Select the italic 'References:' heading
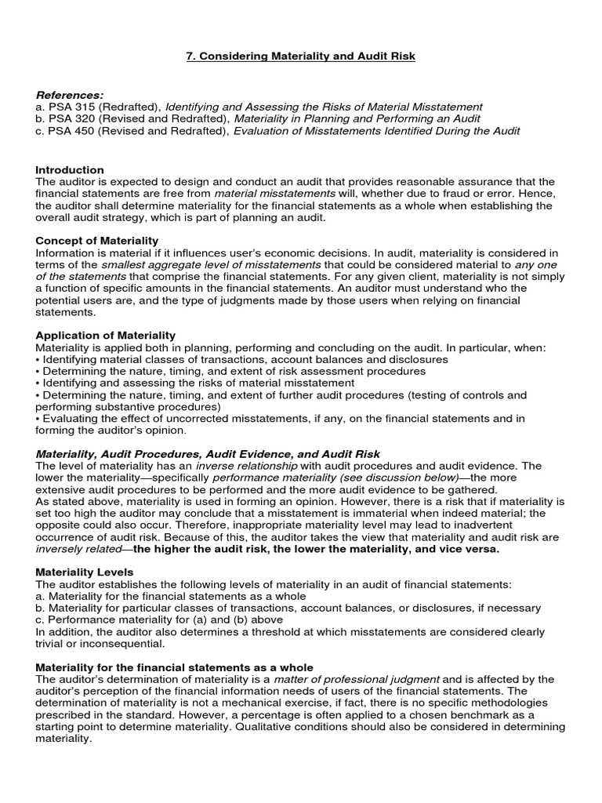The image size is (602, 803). click(70, 94)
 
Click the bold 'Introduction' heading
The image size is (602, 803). click(70, 169)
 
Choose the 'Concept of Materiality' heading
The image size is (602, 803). click(97, 240)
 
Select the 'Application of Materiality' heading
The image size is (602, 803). click(106, 335)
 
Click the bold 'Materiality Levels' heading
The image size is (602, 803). click(85, 572)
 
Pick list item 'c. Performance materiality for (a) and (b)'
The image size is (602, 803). click(159, 620)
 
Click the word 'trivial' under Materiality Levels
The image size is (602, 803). click(52, 643)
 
